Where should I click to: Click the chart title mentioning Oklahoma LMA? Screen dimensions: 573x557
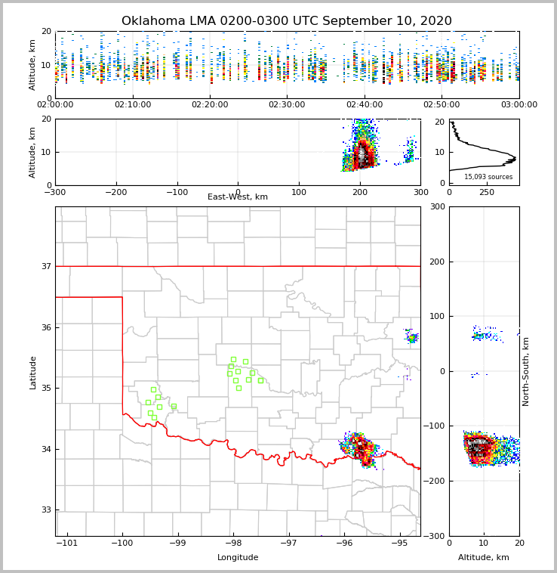point(286,21)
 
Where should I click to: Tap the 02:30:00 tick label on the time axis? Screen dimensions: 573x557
point(287,104)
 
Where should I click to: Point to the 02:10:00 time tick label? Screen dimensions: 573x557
point(132,104)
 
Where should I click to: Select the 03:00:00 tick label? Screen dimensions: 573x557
point(519,104)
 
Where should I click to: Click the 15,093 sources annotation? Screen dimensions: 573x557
point(488,177)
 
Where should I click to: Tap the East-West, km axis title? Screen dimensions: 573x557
point(238,197)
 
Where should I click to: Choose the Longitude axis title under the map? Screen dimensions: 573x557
point(238,557)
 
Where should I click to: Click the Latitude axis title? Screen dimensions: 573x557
point(32,372)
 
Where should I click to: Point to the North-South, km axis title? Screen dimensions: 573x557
point(526,371)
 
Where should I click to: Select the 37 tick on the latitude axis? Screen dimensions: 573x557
point(46,266)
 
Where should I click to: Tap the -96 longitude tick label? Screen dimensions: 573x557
point(343,543)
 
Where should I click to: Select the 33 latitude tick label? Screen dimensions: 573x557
point(46,510)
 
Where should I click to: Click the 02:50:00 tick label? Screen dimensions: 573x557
point(442,104)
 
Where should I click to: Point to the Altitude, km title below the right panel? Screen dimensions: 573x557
point(484,557)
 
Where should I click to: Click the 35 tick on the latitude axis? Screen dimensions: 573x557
point(46,388)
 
